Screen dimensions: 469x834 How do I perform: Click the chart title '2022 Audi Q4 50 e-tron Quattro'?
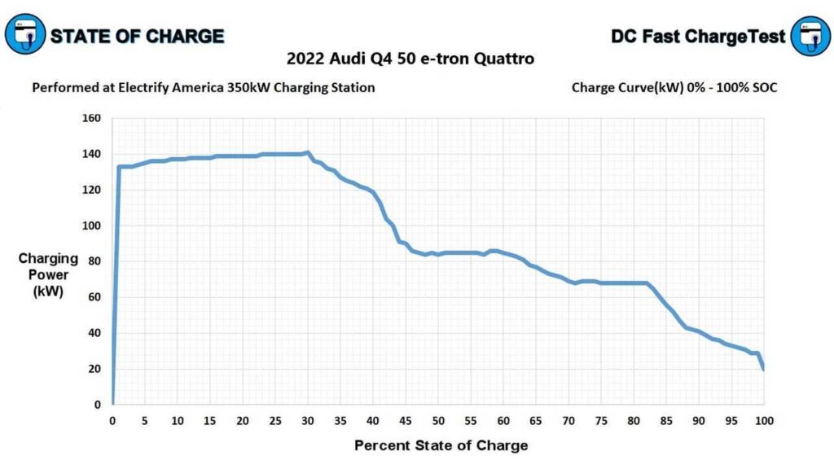point(410,59)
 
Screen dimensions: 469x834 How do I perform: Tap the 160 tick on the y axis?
point(91,118)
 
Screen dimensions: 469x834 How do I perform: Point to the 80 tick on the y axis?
point(94,261)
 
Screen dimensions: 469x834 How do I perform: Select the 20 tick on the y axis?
point(94,369)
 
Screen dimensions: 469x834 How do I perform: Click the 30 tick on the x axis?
point(307,420)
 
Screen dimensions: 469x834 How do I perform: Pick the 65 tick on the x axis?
point(535,420)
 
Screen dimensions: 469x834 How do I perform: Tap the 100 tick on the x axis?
point(763,420)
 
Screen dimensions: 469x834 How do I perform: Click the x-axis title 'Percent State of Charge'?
point(441,445)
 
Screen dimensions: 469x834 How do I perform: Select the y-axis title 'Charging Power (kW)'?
point(48,274)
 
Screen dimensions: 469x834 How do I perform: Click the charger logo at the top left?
point(25,34)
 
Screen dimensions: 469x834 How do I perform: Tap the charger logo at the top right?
point(810,36)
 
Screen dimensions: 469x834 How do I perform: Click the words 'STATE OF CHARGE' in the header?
point(137,36)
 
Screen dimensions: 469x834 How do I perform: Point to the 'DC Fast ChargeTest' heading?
point(698,36)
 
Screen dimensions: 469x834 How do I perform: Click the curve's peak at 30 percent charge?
point(307,152)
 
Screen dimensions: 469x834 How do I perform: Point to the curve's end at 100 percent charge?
point(763,369)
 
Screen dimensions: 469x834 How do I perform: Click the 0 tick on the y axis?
point(97,405)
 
